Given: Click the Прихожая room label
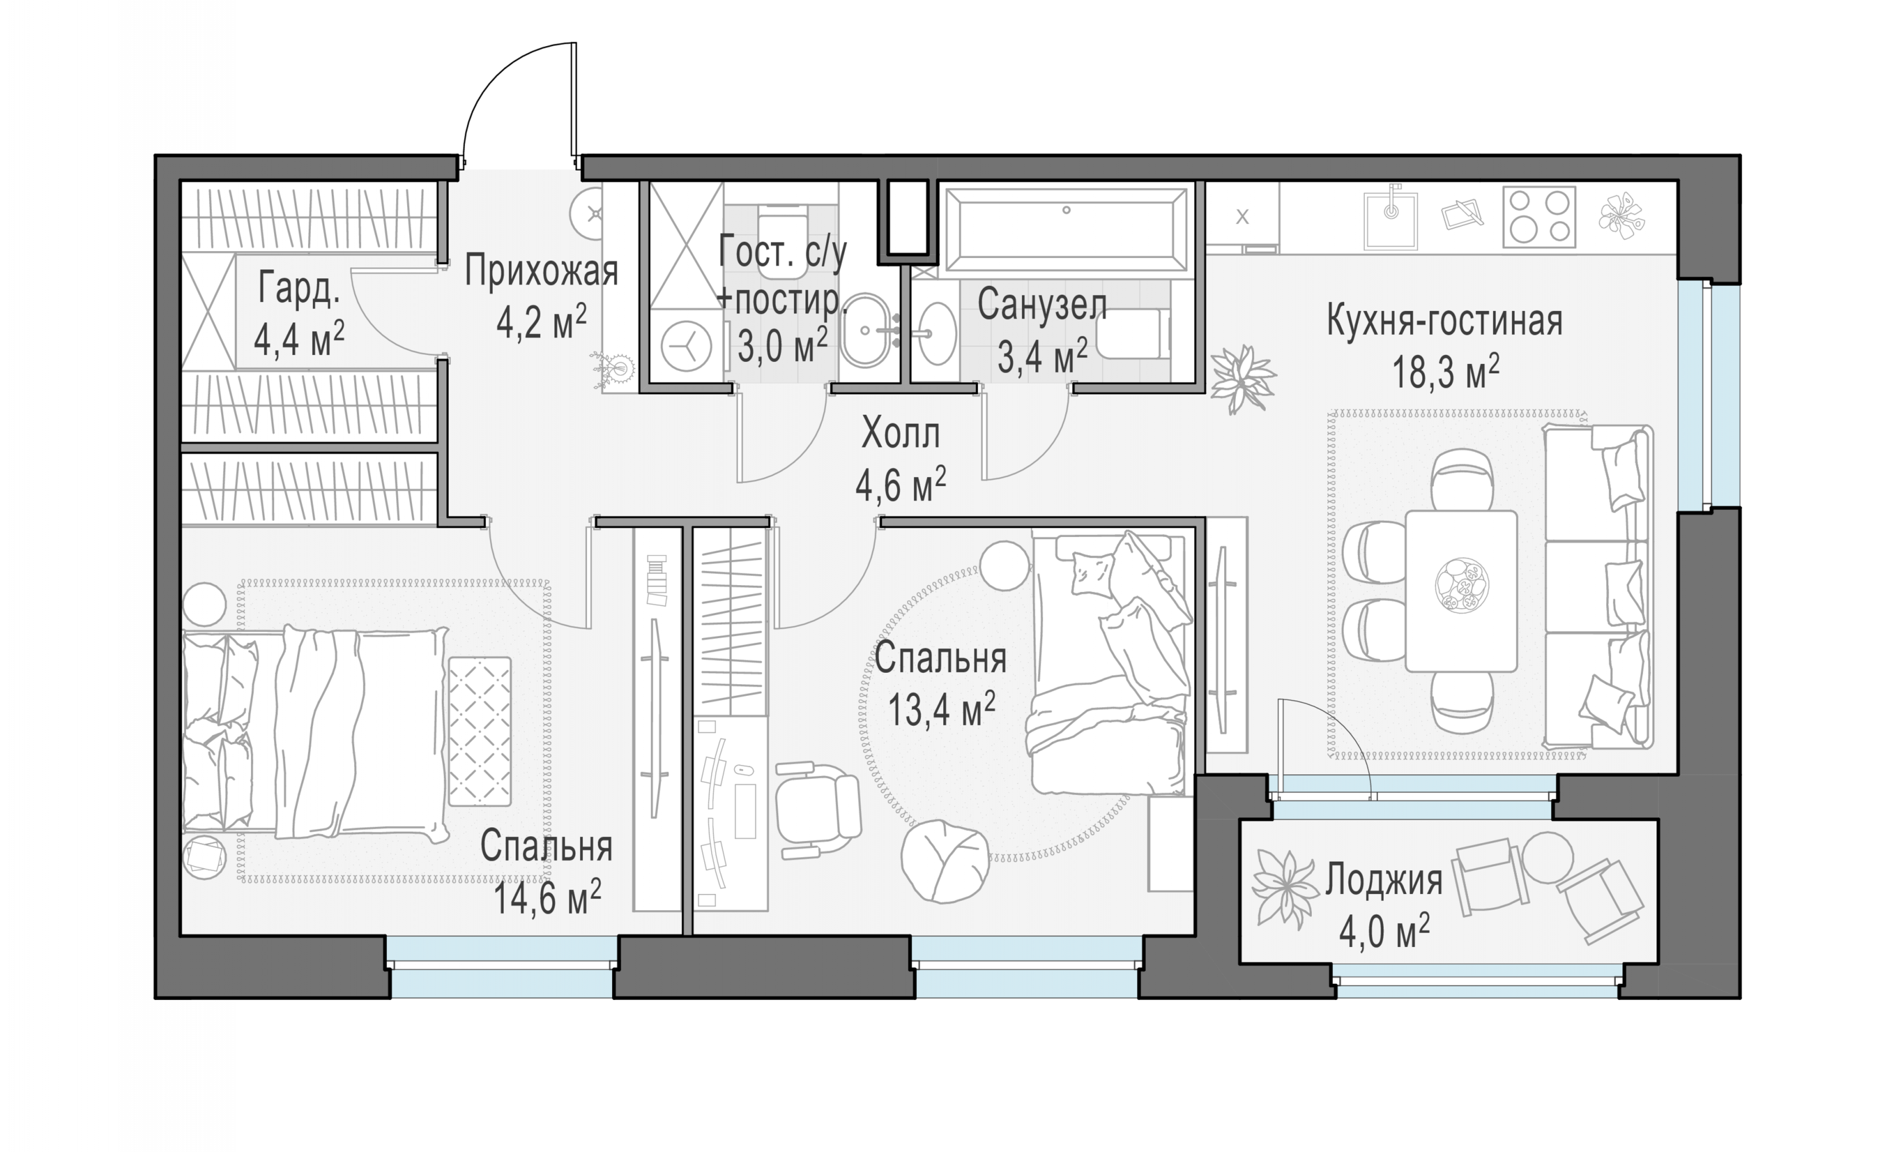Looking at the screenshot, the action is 541,271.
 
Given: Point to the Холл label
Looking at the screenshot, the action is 900,434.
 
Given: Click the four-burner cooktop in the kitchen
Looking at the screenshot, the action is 1539,217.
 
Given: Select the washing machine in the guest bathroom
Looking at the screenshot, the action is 686,346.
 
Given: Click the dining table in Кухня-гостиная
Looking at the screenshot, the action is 1461,590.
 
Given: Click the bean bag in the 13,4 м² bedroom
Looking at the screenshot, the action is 944,861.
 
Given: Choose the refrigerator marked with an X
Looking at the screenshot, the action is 1242,218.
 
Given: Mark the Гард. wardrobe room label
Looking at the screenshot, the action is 298,287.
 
